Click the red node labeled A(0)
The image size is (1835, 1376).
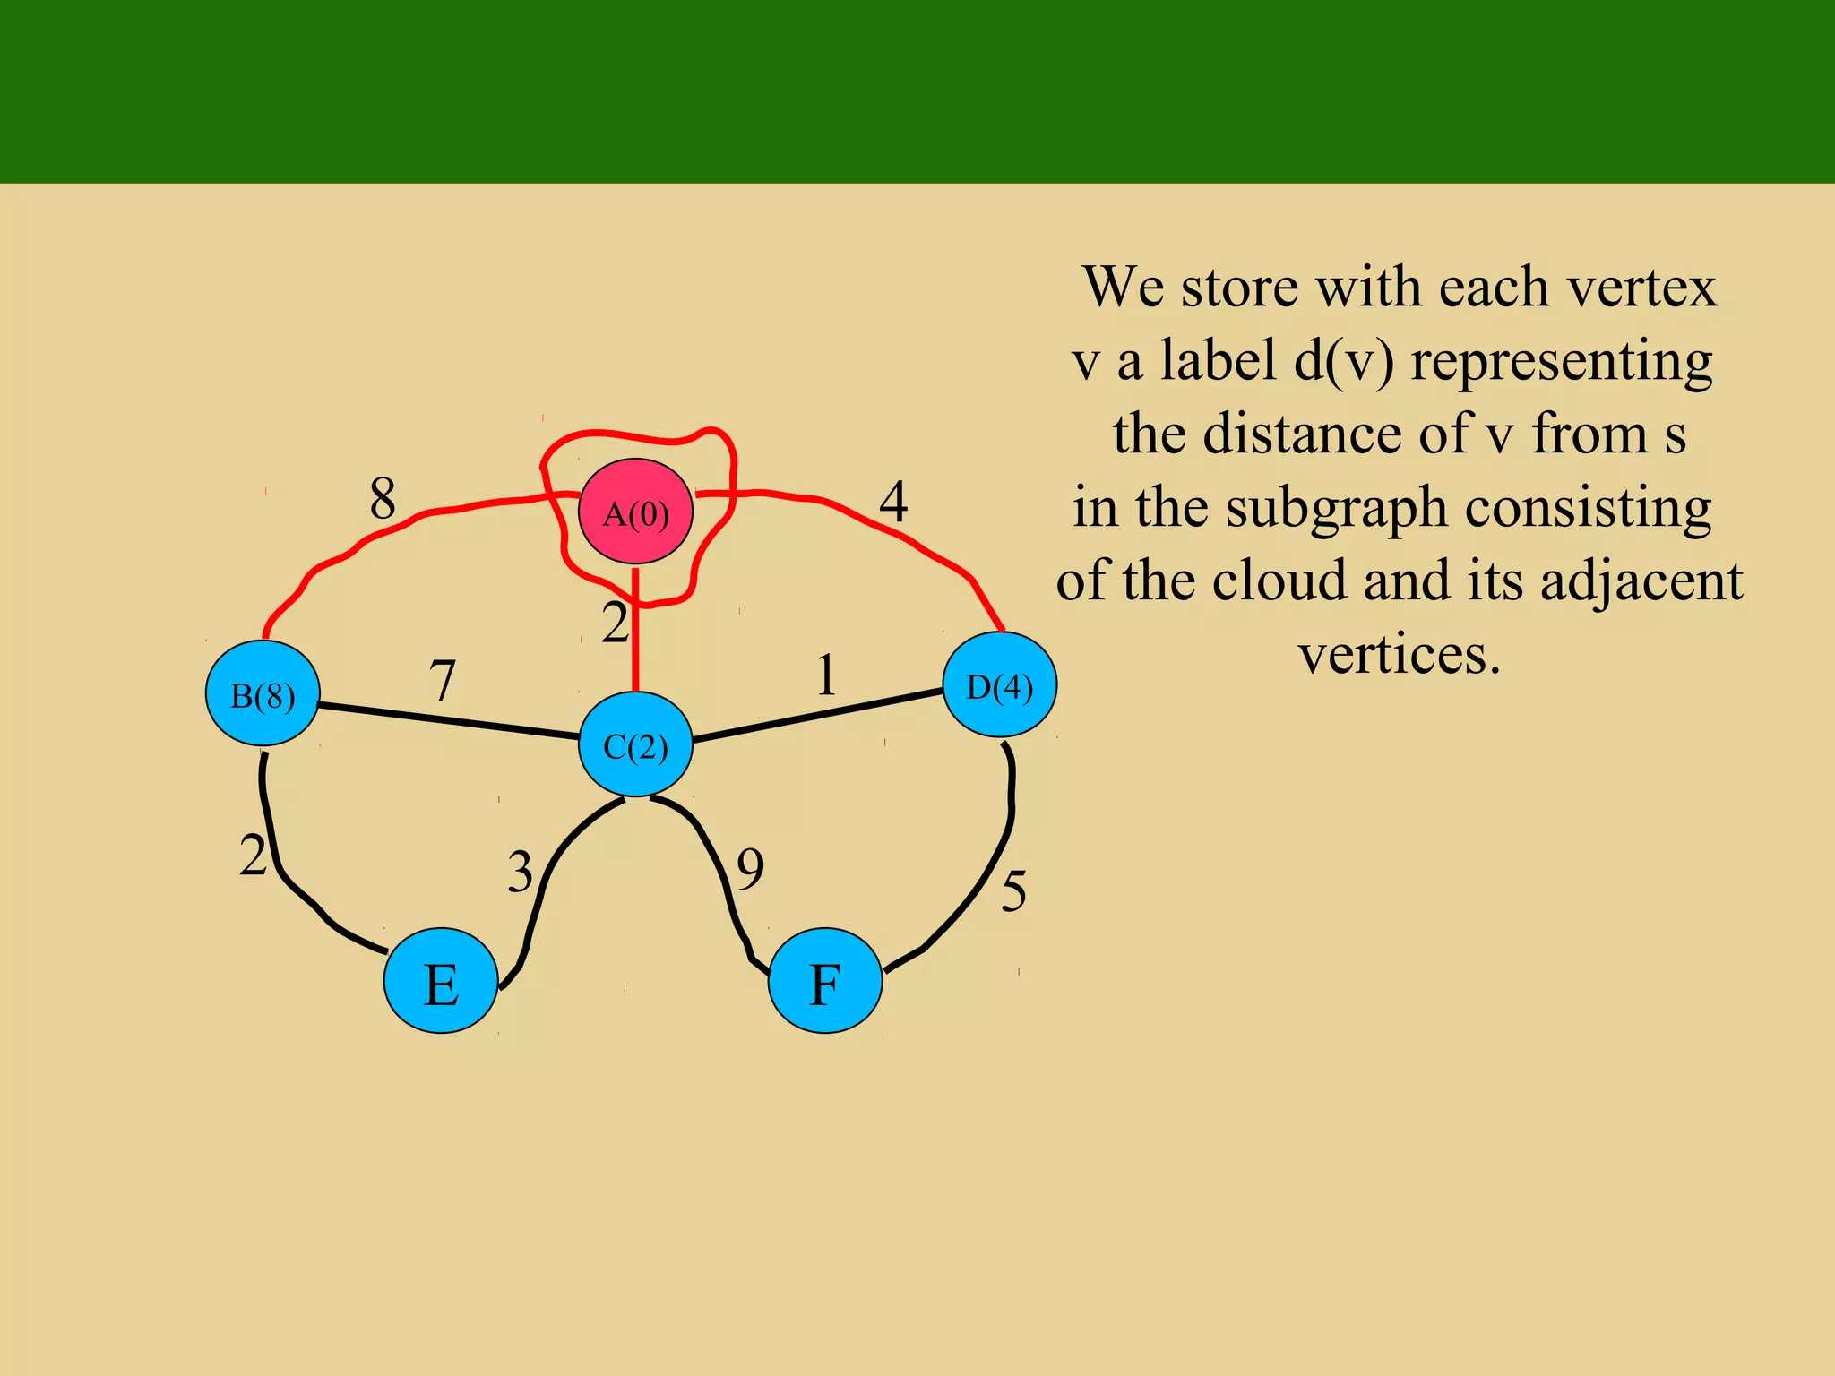click(635, 512)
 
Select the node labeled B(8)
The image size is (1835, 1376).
click(263, 693)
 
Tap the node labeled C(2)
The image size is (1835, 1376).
click(635, 744)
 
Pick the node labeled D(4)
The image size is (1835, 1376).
click(1000, 685)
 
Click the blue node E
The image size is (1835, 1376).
click(441, 981)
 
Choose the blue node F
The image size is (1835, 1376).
click(825, 981)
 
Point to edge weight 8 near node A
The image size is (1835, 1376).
click(383, 498)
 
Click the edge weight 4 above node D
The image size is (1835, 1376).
click(893, 502)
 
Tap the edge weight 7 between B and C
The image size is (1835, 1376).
click(443, 681)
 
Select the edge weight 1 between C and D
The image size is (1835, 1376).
click(826, 675)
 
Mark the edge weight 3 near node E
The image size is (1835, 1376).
click(520, 872)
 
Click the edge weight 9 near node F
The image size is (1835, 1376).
click(750, 869)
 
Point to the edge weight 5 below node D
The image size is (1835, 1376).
click(1013, 891)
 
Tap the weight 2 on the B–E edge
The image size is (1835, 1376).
click(253, 856)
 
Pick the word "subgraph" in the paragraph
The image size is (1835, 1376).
click(1336, 508)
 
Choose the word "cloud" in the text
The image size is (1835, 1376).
click(1279, 580)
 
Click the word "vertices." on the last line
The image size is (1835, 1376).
click(1400, 654)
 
